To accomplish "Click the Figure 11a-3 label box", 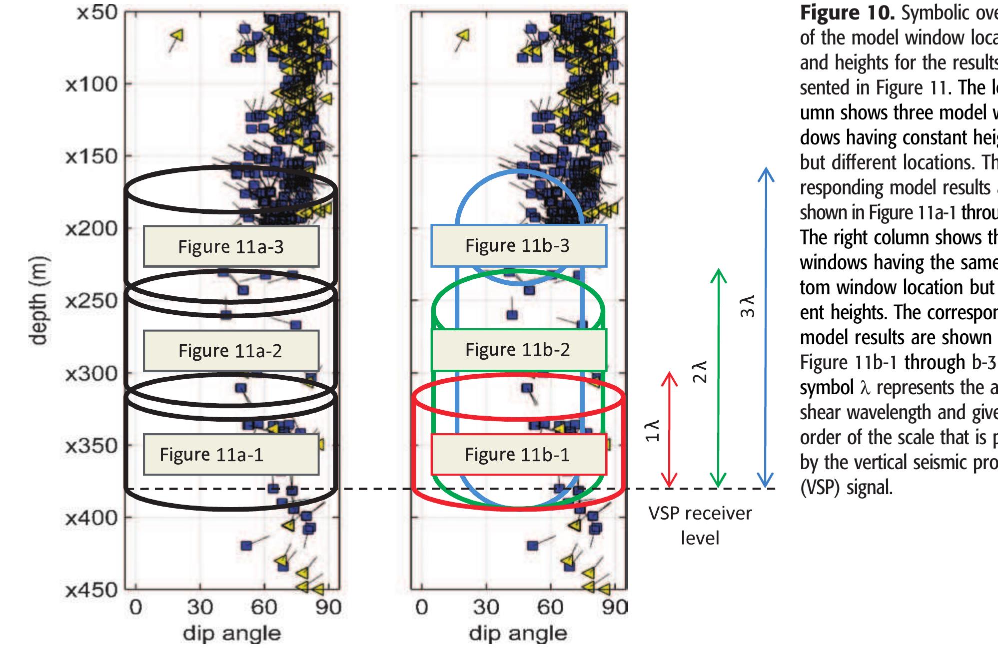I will [231, 246].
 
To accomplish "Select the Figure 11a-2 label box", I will [231, 350].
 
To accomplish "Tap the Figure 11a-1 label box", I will [231, 454].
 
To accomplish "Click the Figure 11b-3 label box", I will [518, 245].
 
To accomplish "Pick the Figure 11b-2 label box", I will [518, 349].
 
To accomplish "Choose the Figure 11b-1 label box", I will [518, 454].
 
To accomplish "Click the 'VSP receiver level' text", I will [700, 525].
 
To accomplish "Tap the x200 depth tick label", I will [91, 229].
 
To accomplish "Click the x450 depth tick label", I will [91, 590].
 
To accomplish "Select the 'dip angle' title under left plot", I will [231, 633].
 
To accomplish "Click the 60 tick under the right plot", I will [550, 607].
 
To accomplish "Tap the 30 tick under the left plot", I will [200, 607].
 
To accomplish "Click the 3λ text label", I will [747, 306].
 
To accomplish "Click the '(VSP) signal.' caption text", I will [846, 487].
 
